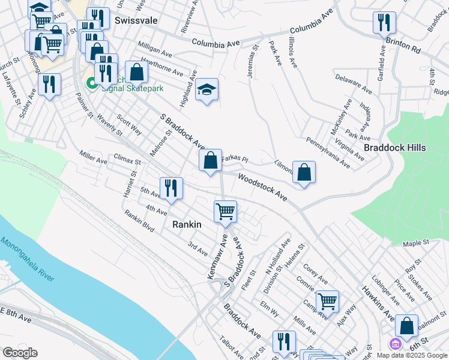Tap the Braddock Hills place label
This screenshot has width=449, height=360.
pyautogui.click(x=395, y=148)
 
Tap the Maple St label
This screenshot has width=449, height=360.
pyautogui.click(x=417, y=243)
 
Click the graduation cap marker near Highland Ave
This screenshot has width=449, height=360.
pyautogui.click(x=206, y=90)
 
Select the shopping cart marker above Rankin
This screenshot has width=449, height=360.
pyautogui.click(x=225, y=211)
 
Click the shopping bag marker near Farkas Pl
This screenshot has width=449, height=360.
pyautogui.click(x=210, y=160)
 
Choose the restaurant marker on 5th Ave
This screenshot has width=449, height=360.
pyautogui.click(x=171, y=188)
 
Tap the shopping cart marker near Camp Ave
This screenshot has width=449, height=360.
pyautogui.click(x=327, y=301)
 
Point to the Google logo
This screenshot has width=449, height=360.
pyautogui.click(x=20, y=353)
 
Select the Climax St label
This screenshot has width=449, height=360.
pyautogui.click(x=127, y=161)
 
